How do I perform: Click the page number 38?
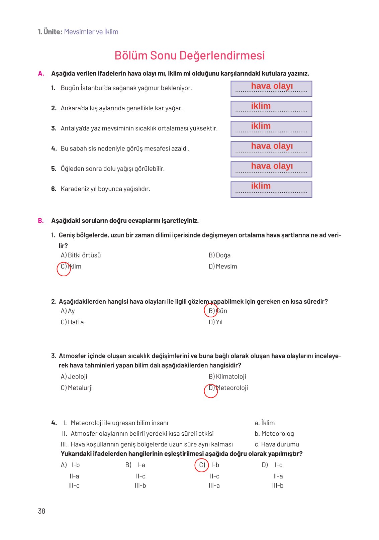[41, 511]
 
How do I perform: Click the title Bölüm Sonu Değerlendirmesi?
[189, 56]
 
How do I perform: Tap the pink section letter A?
[41, 74]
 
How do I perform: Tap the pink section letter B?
[41, 221]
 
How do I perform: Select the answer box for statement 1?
[271, 89]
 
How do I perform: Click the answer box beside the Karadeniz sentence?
[271, 189]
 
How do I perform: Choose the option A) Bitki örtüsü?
[81, 255]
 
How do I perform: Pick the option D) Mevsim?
[223, 266]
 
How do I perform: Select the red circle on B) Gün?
[211, 310]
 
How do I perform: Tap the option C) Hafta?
[72, 322]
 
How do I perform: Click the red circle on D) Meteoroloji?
[211, 391]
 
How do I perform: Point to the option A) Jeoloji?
[74, 376]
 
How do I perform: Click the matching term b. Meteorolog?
[274, 434]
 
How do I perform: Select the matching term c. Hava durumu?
[277, 444]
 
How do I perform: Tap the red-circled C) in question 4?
[202, 465]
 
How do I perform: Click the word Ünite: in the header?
[53, 32]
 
